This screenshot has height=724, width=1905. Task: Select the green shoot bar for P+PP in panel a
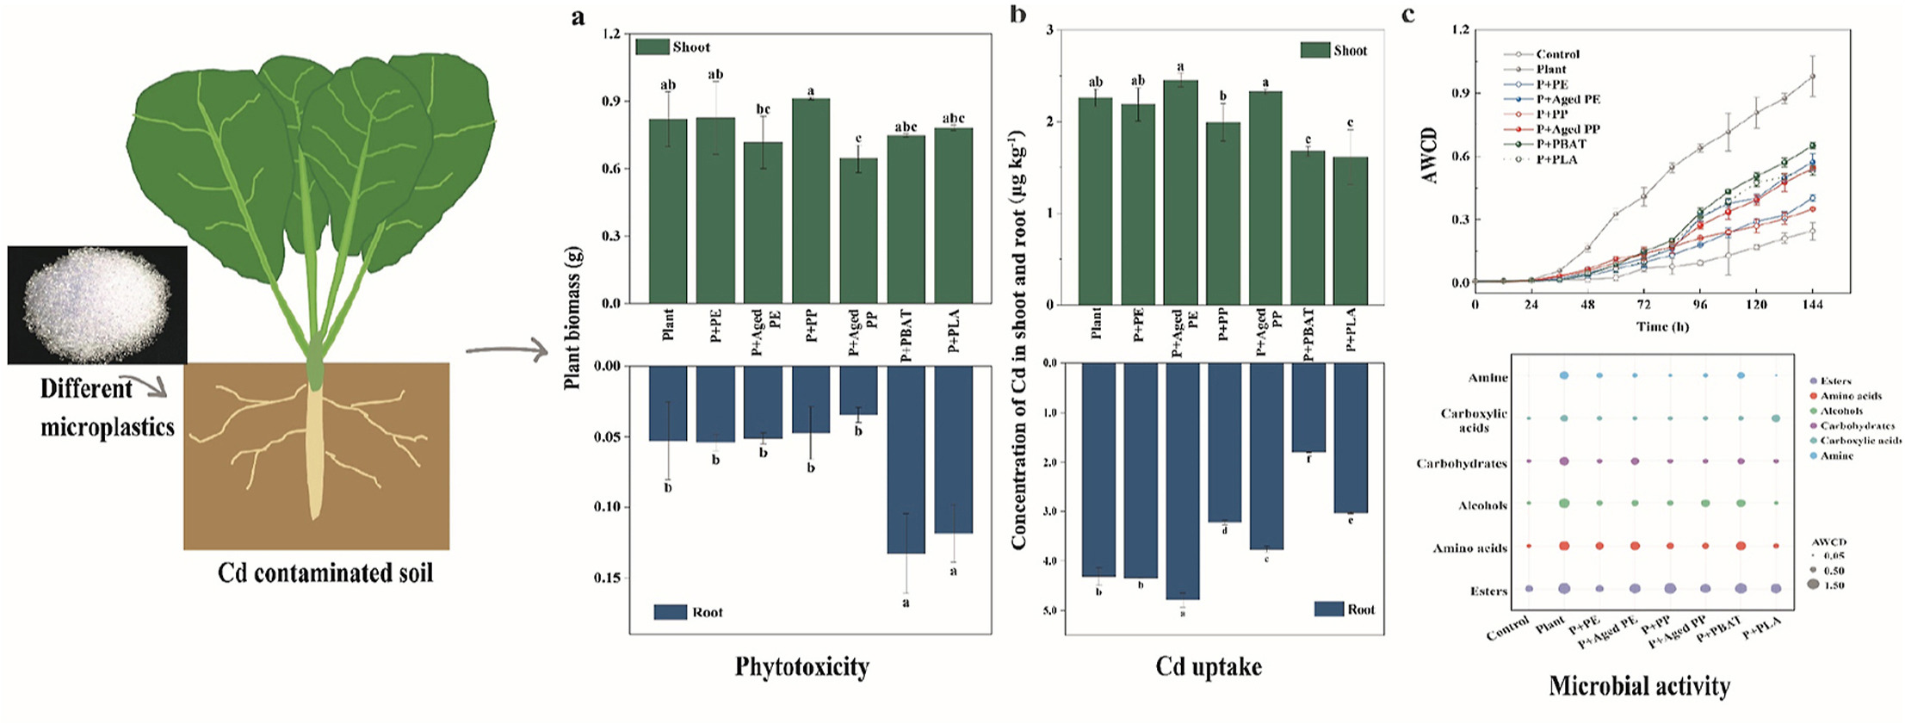[810, 201]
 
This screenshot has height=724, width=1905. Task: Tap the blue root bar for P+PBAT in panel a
[906, 458]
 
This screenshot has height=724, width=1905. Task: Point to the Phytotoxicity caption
[801, 666]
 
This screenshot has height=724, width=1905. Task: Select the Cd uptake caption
[1208, 666]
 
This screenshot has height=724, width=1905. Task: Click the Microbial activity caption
[1638, 685]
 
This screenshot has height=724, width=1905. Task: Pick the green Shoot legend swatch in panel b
[1314, 51]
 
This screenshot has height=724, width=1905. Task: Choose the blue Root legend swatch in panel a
[670, 612]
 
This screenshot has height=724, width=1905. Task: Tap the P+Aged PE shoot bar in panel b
[1179, 192]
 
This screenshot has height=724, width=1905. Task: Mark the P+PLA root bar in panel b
[1350, 437]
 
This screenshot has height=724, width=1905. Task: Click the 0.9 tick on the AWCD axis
[1459, 93]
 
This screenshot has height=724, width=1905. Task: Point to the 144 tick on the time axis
[1812, 304]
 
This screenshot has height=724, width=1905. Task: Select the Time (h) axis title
[1661, 327]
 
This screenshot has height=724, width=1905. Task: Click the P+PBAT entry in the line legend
[1561, 144]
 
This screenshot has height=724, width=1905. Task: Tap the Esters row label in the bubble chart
[1488, 591]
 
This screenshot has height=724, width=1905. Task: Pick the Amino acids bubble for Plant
[1564, 546]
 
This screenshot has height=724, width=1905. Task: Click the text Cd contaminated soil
[325, 573]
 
